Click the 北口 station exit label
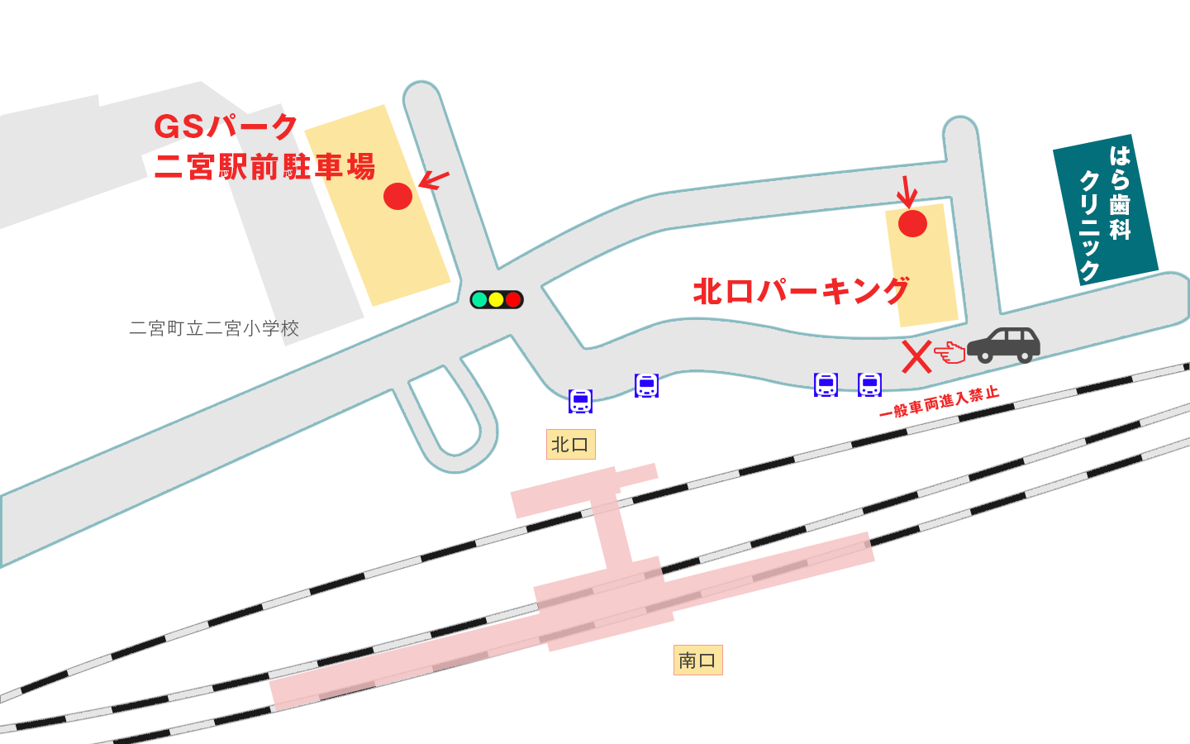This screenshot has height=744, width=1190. click(570, 445)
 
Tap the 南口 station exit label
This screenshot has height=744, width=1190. click(697, 660)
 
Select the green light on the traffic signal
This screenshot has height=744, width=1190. click(479, 299)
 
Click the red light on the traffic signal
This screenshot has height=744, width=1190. click(513, 299)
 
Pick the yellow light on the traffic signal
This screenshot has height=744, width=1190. click(496, 299)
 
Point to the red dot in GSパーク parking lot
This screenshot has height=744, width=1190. click(397, 196)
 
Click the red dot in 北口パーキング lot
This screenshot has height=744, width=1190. click(912, 223)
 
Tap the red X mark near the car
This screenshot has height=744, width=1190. click(916, 357)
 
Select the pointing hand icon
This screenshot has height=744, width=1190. click(950, 354)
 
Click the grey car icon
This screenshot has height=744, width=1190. click(1003, 345)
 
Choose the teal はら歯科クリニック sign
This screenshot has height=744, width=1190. click(1105, 211)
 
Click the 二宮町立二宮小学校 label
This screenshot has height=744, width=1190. click(214, 328)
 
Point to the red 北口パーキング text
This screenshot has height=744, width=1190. click(801, 291)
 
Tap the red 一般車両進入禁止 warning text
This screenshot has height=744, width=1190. click(940, 403)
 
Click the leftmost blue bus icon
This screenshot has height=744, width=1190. click(580, 401)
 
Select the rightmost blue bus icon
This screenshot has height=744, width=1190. click(869, 384)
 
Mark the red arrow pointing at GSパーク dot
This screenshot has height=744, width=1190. click(434, 179)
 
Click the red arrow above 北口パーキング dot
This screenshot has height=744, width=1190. click(907, 192)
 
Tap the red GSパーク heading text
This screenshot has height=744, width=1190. click(226, 126)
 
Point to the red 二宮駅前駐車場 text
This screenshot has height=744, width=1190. click(264, 167)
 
